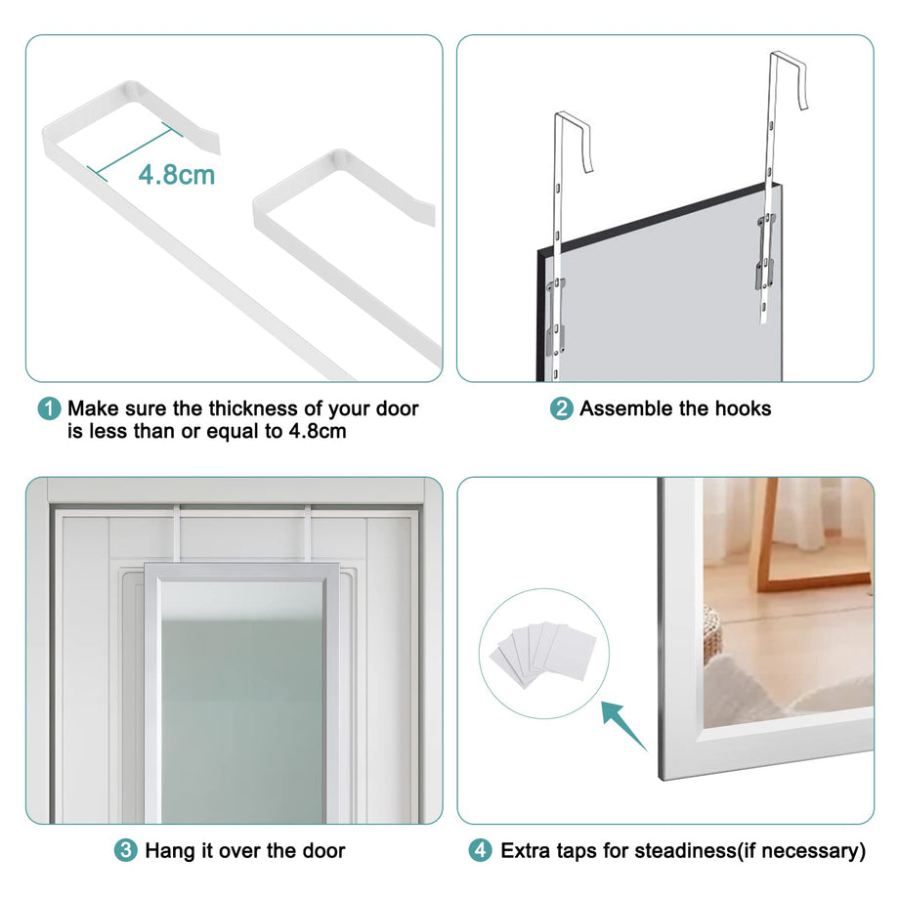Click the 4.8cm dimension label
click(x=176, y=175)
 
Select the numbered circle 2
click(x=562, y=408)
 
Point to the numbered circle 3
click(x=126, y=851)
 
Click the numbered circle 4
click(x=480, y=851)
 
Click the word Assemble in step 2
click(x=626, y=408)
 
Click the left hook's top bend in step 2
click(x=571, y=119)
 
